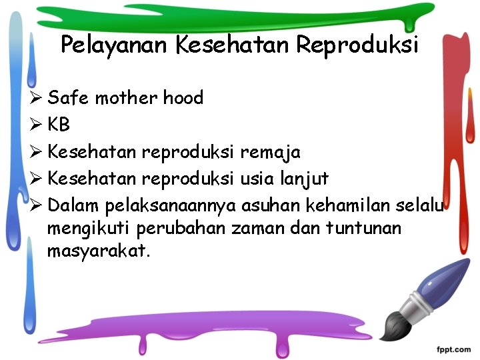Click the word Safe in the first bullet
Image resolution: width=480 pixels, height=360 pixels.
(69, 98)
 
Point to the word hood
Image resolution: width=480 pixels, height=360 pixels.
(183, 98)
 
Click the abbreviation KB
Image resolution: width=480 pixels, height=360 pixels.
(59, 125)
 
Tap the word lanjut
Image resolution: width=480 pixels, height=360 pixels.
(305, 179)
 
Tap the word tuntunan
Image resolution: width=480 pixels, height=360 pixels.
(364, 229)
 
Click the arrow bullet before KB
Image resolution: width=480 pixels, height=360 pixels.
(37, 125)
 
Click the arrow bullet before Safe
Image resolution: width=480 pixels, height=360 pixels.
(37, 98)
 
